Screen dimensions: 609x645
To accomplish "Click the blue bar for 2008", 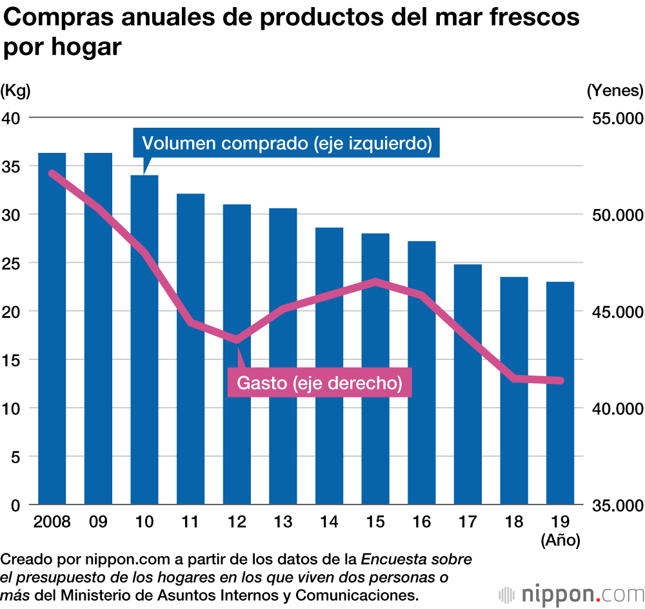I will [x=52, y=328].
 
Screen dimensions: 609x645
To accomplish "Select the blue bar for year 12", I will [x=237, y=354].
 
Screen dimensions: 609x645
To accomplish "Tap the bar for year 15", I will [x=375, y=368].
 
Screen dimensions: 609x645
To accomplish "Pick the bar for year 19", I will [x=560, y=393].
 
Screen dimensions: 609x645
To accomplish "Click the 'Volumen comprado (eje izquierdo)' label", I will [x=286, y=143].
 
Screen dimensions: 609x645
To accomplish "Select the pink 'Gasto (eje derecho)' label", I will [x=320, y=383].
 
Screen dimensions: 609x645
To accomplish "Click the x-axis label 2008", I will [x=52, y=521].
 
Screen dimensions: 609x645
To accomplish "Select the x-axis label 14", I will [x=329, y=521].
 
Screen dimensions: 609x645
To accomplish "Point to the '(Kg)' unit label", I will [x=15, y=90].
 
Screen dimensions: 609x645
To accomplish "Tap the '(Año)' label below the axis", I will [x=561, y=540].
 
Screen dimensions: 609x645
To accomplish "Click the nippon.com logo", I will [x=570, y=593].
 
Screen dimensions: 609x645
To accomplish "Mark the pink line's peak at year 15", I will [x=375, y=282].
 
